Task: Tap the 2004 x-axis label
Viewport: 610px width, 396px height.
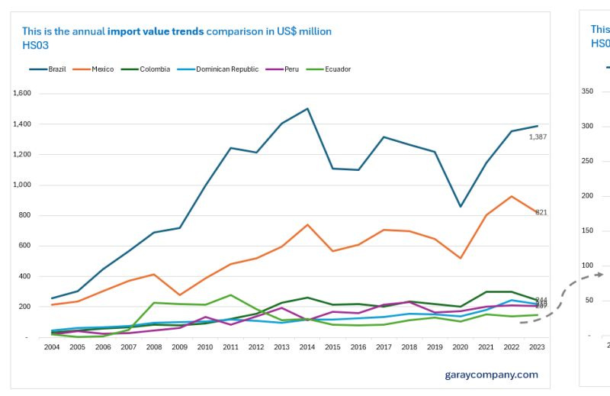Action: pos(53,347)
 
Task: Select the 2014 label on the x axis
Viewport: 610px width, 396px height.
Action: pos(307,347)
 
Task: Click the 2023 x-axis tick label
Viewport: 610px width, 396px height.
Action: pos(536,347)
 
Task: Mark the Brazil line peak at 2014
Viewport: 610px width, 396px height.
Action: pos(307,108)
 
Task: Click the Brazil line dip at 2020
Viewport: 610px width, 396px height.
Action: pos(460,207)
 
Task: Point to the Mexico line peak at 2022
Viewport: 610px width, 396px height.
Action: pos(511,196)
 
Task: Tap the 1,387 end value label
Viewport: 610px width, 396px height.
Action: pos(538,137)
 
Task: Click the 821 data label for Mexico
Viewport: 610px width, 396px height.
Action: pos(541,212)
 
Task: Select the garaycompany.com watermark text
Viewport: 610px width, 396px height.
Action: pos(491,375)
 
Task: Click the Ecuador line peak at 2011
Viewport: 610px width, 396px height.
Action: pos(230,295)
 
